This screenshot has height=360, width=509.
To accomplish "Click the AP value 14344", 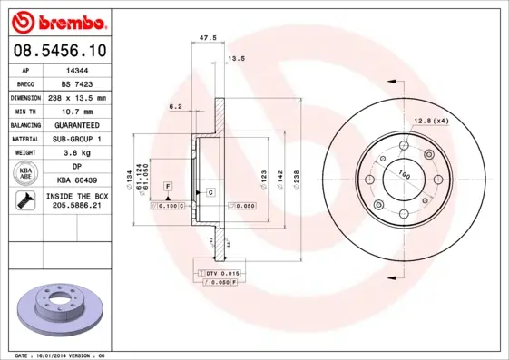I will (x=77, y=69).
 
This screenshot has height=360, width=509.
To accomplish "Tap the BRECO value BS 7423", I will (x=77, y=83).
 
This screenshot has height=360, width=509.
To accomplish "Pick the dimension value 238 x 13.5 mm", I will (x=77, y=97).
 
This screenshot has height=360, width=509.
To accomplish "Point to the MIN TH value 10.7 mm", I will (x=77, y=111).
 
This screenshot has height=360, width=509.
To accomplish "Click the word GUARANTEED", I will (x=77, y=124).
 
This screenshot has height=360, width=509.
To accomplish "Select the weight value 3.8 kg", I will (x=77, y=153).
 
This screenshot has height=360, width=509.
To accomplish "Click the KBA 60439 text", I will (x=77, y=181).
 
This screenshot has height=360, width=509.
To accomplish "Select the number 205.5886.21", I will (x=77, y=207).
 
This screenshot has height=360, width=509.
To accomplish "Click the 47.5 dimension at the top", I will (x=207, y=38).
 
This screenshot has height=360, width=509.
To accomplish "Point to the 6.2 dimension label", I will (x=175, y=107).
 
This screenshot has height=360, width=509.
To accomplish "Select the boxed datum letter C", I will (x=210, y=193).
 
